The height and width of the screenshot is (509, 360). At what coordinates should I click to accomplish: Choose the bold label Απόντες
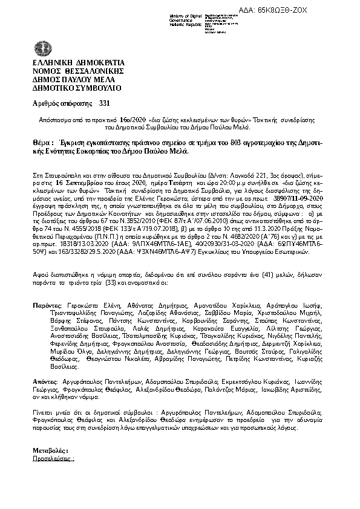45,383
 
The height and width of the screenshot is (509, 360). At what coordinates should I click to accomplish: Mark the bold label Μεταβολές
50,451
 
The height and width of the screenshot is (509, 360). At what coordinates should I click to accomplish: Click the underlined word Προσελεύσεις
52,459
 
